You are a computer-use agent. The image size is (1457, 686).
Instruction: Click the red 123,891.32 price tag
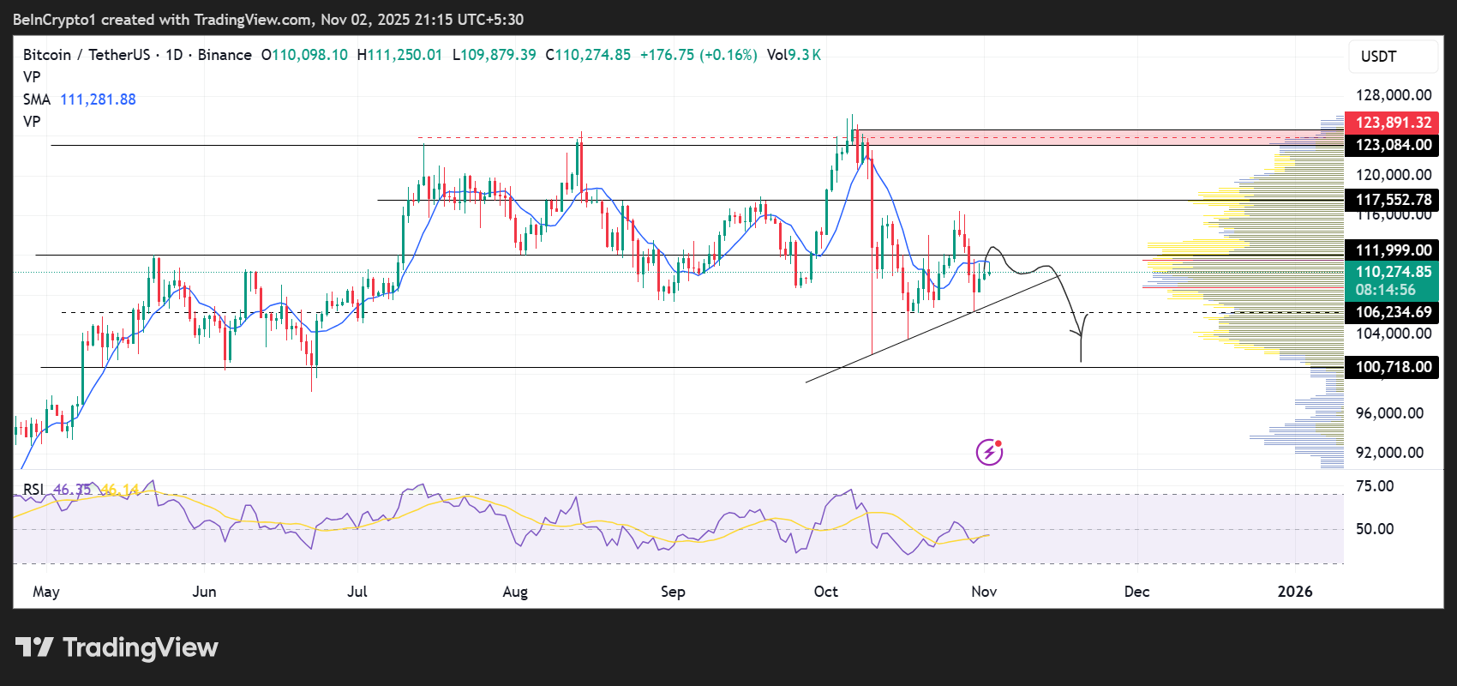tap(1393, 123)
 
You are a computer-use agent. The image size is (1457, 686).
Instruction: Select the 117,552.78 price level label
tap(1393, 200)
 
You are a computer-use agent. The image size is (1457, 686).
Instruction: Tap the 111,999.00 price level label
tap(1393, 250)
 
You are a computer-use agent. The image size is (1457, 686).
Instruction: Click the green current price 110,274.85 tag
tap(1393, 272)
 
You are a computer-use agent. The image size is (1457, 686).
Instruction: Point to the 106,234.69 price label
tap(1393, 312)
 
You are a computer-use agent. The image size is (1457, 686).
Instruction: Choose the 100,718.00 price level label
tap(1393, 367)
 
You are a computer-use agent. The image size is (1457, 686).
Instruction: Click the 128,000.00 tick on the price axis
tap(1393, 95)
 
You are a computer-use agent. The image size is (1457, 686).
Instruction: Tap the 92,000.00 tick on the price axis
tap(1389, 453)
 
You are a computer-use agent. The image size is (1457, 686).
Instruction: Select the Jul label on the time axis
tap(357, 592)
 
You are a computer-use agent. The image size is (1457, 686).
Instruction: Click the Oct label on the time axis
tap(826, 592)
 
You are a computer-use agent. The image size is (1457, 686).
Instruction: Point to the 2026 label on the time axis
tap(1294, 592)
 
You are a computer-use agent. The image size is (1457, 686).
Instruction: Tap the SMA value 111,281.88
tap(98, 99)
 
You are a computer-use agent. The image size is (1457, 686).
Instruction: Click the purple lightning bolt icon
tap(989, 452)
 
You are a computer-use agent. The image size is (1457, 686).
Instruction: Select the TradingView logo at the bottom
tap(117, 647)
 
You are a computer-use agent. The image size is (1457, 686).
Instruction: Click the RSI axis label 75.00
tap(1375, 486)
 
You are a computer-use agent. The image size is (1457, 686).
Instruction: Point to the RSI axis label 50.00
tap(1375, 529)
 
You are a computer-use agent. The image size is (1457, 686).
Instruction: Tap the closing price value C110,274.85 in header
tap(588, 55)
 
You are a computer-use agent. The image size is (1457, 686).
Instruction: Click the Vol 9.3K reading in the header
tap(794, 55)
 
